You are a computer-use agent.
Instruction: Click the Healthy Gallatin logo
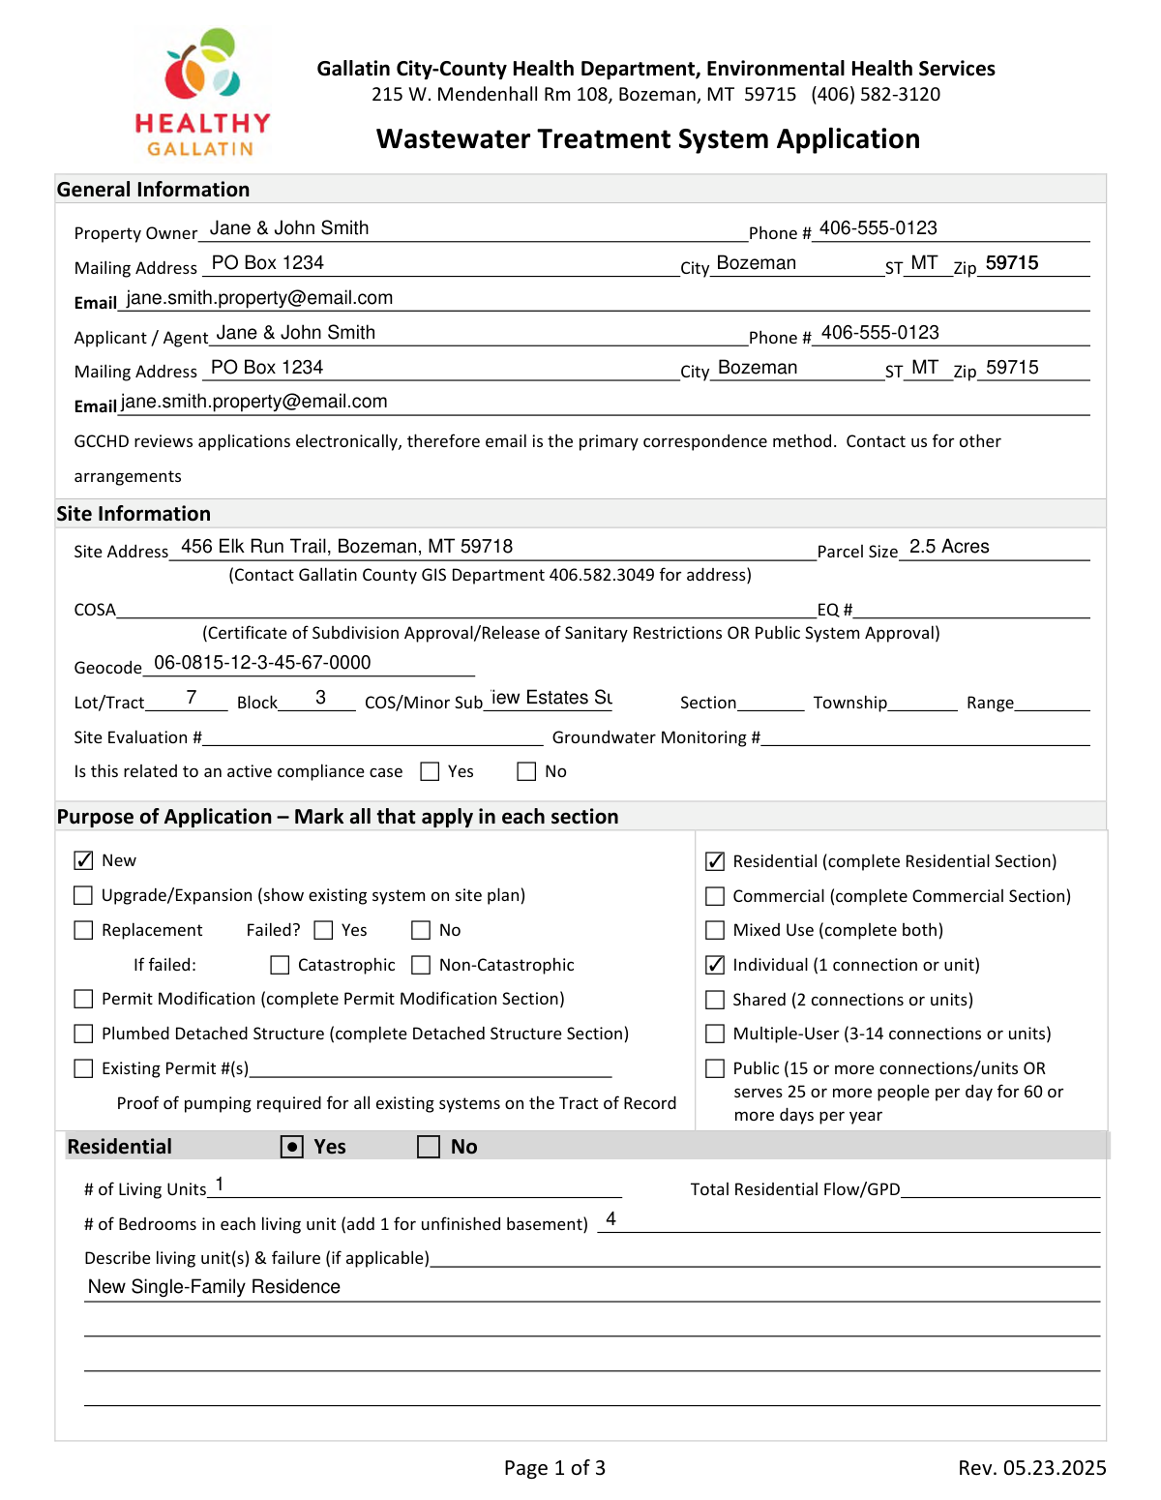tap(203, 92)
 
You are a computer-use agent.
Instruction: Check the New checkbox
tap(84, 860)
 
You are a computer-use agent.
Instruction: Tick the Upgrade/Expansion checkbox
tap(84, 895)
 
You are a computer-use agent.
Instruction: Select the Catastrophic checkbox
tap(280, 965)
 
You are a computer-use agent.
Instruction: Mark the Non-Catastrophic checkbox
tap(421, 965)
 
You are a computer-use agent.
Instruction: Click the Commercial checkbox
tap(715, 896)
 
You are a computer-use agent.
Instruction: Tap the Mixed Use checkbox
tap(715, 930)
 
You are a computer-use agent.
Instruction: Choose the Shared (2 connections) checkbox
tap(715, 1000)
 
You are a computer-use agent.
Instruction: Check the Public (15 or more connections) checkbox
tap(715, 1068)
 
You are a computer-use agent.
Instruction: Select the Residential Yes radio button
tap(292, 1147)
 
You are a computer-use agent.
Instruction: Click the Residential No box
tap(429, 1147)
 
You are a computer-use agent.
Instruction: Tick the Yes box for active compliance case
tap(430, 771)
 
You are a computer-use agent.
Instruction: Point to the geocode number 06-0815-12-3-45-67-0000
tap(262, 663)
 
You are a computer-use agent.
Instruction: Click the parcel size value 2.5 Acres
tap(949, 547)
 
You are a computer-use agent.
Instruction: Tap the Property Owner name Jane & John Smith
tap(289, 228)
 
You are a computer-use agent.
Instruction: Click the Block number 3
tap(320, 698)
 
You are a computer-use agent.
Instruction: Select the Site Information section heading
tap(134, 514)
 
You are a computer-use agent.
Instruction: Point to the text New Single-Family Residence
tap(214, 1287)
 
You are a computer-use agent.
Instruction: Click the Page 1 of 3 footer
tap(554, 1468)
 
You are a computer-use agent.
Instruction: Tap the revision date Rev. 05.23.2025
tap(1031, 1468)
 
